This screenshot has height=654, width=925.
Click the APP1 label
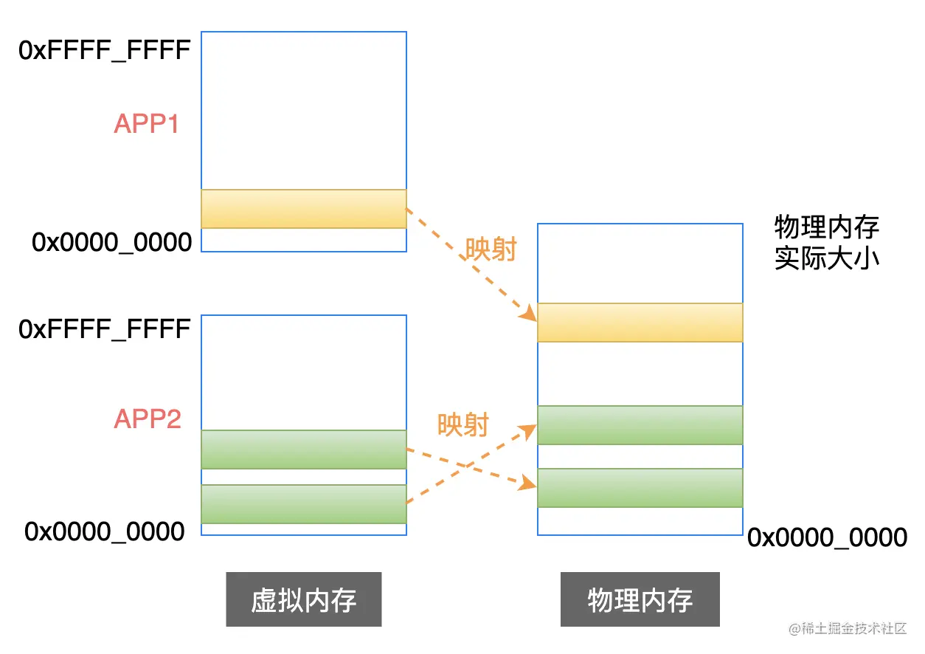click(146, 124)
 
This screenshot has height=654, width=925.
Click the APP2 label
click(147, 419)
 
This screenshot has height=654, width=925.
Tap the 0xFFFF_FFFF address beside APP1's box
click(105, 52)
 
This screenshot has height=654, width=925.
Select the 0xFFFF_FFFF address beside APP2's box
click(105, 328)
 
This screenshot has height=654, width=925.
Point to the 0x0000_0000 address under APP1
click(111, 242)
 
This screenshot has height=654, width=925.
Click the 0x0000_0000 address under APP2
click(105, 531)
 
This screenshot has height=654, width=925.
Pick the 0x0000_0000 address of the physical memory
click(827, 538)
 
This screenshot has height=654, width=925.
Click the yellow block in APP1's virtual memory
click(303, 209)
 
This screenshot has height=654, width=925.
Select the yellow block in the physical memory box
click(640, 323)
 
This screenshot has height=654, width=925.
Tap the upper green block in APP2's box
click(303, 450)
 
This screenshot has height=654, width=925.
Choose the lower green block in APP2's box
click(303, 504)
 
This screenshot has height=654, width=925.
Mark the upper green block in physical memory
click(640, 425)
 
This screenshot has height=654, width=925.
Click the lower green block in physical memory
click(640, 488)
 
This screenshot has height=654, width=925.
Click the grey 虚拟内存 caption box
click(303, 599)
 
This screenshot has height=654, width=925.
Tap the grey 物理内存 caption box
click(640, 599)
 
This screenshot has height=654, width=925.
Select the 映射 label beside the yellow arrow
click(490, 249)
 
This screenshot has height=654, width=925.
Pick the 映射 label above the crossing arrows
click(462, 424)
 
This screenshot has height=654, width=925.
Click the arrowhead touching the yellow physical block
click(528, 315)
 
